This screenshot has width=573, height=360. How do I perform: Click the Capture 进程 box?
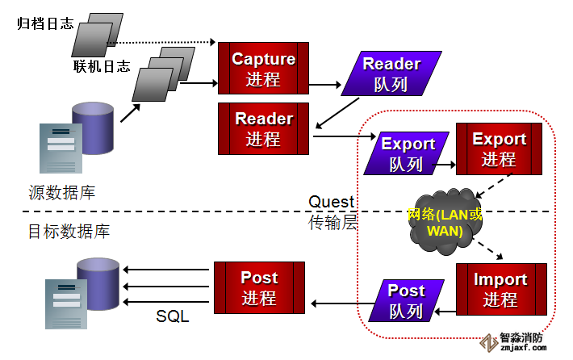coord(264,69)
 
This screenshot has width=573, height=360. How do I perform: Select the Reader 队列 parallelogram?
coord(391,73)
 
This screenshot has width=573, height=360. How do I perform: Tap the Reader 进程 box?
coord(264,128)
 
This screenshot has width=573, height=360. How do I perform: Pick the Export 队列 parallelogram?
coord(407,153)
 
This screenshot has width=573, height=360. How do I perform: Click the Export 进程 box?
coord(498,149)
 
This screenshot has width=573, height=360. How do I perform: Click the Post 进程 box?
coord(259,287)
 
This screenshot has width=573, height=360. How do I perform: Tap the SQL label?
coord(172,316)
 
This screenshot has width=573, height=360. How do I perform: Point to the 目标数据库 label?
coord(69,232)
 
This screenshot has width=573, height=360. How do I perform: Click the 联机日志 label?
coord(101,66)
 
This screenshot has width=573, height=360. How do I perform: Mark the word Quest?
coord(331,202)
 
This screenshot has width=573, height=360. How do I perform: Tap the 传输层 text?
coord(333,223)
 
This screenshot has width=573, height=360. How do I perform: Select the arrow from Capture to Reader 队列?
coord(324,83)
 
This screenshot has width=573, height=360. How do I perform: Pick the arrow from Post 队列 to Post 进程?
coord(339,303)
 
